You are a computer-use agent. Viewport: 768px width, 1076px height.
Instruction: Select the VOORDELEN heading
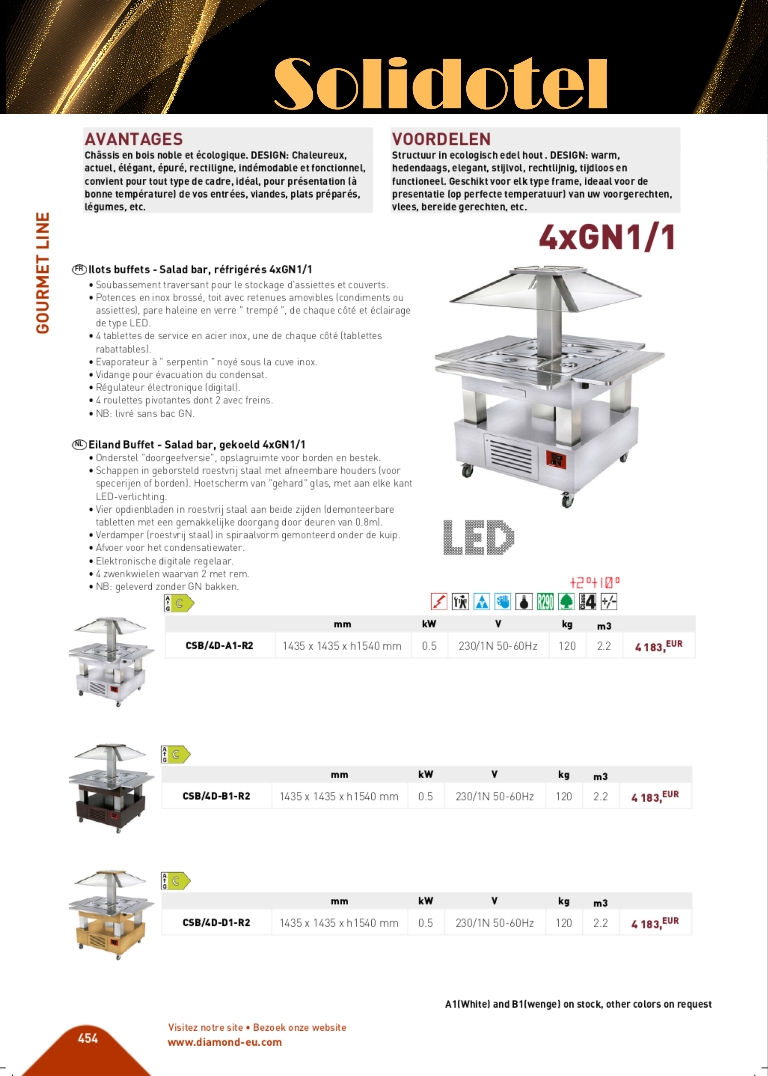pyautogui.click(x=441, y=139)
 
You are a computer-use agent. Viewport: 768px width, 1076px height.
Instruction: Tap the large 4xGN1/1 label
pyautogui.click(x=607, y=237)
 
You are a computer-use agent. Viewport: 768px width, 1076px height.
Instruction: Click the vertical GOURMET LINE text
pyautogui.click(x=43, y=273)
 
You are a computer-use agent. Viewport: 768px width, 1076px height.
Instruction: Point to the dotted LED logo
pyautogui.click(x=478, y=537)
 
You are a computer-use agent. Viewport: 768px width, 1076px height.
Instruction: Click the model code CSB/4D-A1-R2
pyautogui.click(x=219, y=646)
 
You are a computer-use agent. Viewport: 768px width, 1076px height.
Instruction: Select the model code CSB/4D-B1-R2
pyautogui.click(x=216, y=796)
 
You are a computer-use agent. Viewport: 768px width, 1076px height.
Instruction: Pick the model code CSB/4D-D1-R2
pyautogui.click(x=216, y=922)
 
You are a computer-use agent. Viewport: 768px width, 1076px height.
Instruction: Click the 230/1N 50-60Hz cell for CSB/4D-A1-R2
pyautogui.click(x=498, y=646)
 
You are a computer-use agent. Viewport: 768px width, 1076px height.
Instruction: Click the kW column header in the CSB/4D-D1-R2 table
pyautogui.click(x=425, y=900)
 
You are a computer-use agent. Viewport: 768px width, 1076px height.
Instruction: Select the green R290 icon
pyautogui.click(x=545, y=601)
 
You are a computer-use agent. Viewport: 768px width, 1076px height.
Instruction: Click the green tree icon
pyautogui.click(x=566, y=601)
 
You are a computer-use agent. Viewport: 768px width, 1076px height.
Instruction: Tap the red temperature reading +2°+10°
pyautogui.click(x=594, y=582)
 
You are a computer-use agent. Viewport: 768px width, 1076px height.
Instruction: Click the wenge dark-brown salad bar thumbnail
pyautogui.click(x=112, y=788)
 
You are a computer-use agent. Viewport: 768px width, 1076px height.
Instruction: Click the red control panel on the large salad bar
pyautogui.click(x=556, y=458)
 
